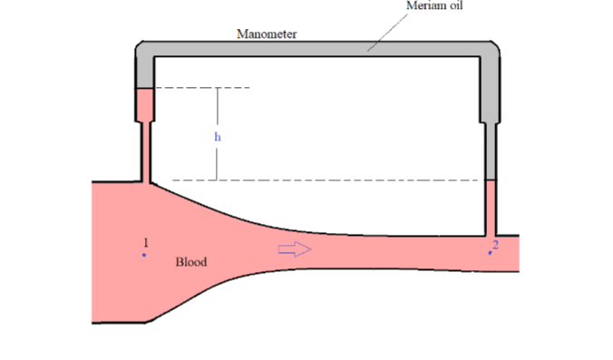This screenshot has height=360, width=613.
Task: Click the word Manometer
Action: (x=267, y=34)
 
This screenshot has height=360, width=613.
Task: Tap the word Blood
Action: (x=190, y=262)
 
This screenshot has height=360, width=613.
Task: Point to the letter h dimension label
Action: (x=218, y=137)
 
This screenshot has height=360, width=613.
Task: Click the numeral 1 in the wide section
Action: (x=145, y=242)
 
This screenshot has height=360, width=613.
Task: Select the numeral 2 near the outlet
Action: (x=495, y=244)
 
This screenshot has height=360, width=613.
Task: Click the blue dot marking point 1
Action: (x=143, y=255)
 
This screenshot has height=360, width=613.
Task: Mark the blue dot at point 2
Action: (x=491, y=253)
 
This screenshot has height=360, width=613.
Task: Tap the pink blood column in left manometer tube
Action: (x=145, y=105)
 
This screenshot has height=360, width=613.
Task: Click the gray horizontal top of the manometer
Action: (x=317, y=48)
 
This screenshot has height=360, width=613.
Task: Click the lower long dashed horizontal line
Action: (x=317, y=180)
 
